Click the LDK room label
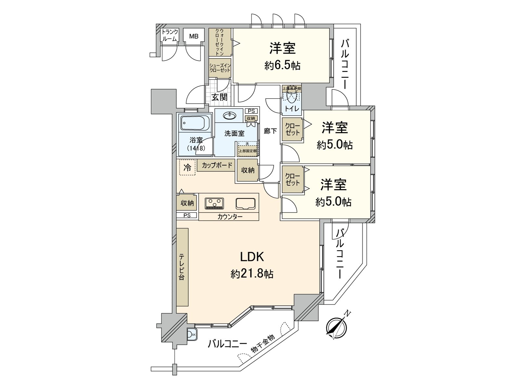[252, 257]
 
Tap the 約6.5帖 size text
[282, 66]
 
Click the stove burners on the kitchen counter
[214, 203]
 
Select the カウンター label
[230, 217]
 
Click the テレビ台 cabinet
[182, 267]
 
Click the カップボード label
[217, 165]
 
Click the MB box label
[194, 36]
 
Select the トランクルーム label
[170, 35]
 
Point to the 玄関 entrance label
[219, 97]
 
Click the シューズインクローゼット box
[220, 68]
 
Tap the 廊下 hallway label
[270, 131]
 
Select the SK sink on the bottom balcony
[192, 334]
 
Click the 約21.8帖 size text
[252, 274]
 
